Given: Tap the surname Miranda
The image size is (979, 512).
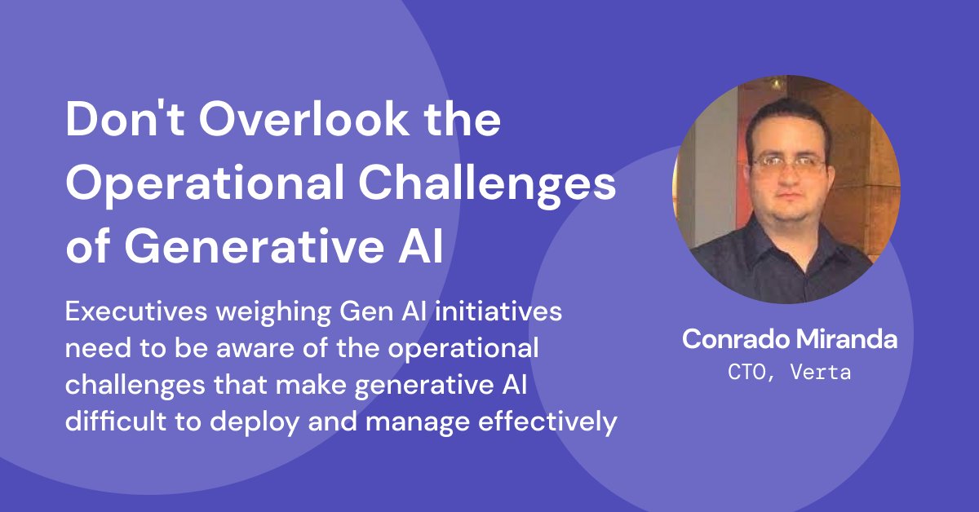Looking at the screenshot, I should click(848, 340).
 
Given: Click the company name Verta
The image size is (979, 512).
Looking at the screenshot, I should click(825, 372).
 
